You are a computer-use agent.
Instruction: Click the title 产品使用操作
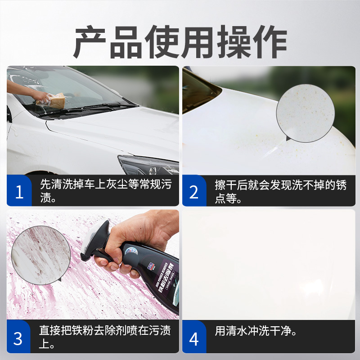tap(180, 43)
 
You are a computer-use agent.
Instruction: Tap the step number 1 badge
tap(19, 192)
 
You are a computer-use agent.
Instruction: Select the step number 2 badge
tap(193, 192)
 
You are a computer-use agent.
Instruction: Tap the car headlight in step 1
tap(148, 165)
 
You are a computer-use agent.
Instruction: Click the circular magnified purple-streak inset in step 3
tap(40, 255)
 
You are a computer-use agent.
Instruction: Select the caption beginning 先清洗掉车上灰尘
tap(105, 191)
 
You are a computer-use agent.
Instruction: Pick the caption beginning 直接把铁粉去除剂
tap(105, 337)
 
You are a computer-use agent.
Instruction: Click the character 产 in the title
tap(90, 43)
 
